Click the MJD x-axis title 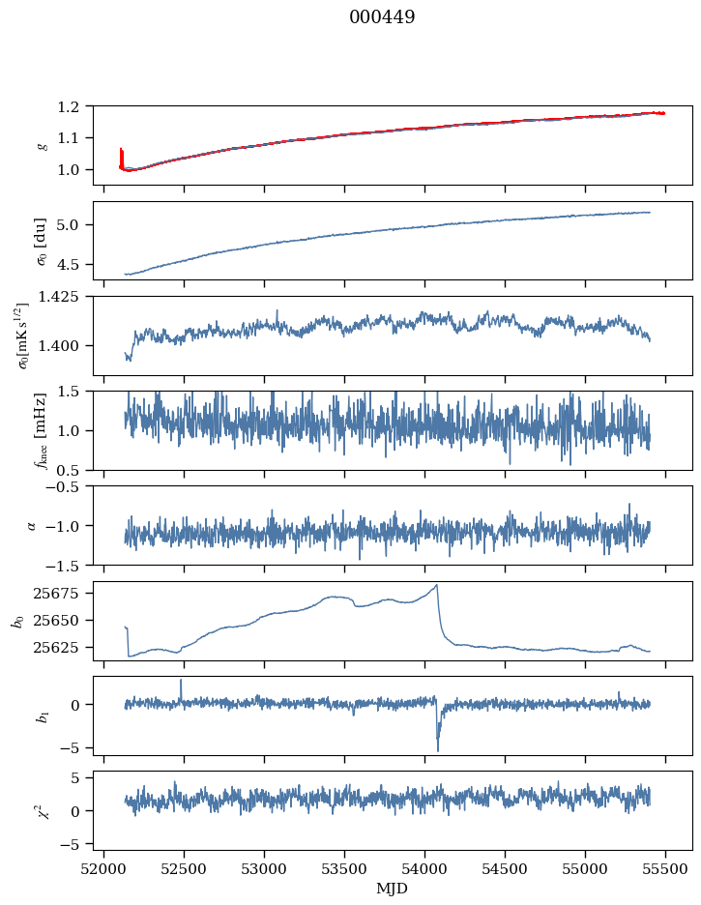tap(393, 889)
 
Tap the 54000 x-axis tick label tap(425, 868)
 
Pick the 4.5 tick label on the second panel tap(73, 264)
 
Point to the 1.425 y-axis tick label tap(65, 297)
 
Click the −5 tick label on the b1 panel tap(74, 748)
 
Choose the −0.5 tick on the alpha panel tap(67, 487)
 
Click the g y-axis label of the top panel tap(42, 145)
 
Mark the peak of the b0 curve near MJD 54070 tap(437, 585)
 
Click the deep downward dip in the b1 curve tap(437, 749)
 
